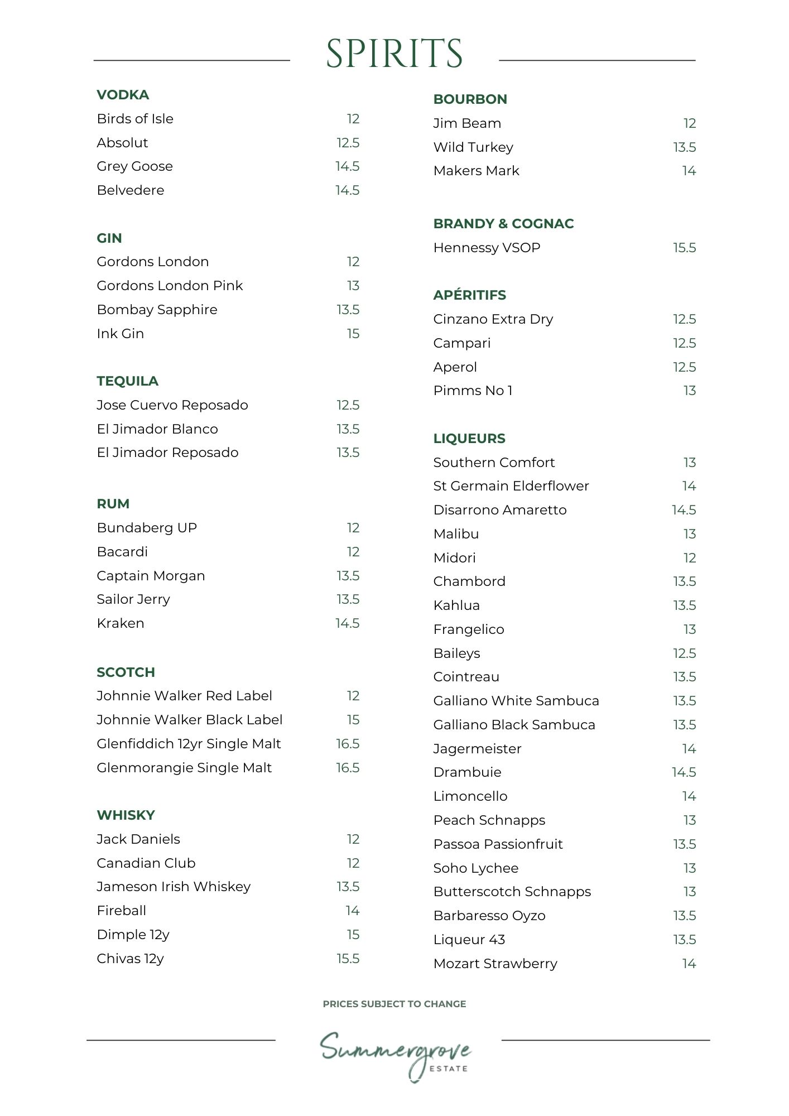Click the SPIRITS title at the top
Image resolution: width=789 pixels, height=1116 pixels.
coord(394,54)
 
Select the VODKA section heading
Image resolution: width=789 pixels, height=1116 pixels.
coord(123,95)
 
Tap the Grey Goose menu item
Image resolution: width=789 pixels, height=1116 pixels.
coord(134,166)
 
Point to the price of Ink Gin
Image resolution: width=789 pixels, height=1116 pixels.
coord(353,334)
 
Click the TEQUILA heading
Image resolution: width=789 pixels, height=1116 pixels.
coord(127,381)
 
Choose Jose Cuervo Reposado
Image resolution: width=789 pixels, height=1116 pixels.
coord(172,405)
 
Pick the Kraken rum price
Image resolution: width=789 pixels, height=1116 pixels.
coord(347,623)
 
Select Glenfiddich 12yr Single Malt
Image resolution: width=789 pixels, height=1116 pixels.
coord(189,744)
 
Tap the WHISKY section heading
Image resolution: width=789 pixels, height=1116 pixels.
coord(126,815)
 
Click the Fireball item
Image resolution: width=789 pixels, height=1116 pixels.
coord(121,911)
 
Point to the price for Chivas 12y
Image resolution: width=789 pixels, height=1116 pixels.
coord(348,959)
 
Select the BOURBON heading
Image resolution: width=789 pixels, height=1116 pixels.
coord(470,99)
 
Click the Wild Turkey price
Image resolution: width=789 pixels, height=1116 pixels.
coord(684,147)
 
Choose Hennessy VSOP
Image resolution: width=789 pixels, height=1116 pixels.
coord(487,248)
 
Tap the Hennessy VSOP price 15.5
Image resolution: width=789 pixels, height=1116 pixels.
coord(684,248)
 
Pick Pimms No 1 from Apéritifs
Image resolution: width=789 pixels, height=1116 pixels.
coord(473,391)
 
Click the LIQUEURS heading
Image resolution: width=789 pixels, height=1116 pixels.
coord(469,439)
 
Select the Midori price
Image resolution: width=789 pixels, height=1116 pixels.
coord(689,558)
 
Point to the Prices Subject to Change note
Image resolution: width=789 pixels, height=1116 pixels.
coord(394,1004)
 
